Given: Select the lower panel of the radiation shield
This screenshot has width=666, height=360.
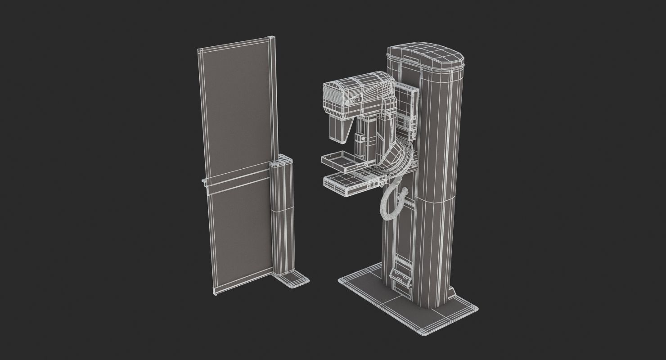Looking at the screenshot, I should coord(241,229).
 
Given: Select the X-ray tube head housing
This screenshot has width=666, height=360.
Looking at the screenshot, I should coord(355,94).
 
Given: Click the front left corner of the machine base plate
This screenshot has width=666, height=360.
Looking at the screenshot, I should coord(342,281).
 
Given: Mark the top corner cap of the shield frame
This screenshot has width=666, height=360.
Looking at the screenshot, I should coord(271,39).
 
